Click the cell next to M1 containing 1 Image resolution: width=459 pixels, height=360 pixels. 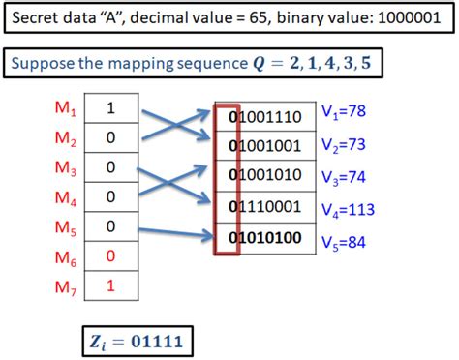click(111, 108)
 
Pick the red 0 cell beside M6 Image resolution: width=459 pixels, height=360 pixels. click(111, 257)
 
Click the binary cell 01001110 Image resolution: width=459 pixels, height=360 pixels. click(265, 117)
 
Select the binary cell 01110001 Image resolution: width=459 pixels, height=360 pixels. click(265, 207)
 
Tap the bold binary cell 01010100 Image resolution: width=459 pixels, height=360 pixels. click(265, 238)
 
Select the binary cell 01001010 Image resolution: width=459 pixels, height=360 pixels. click(265, 177)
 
